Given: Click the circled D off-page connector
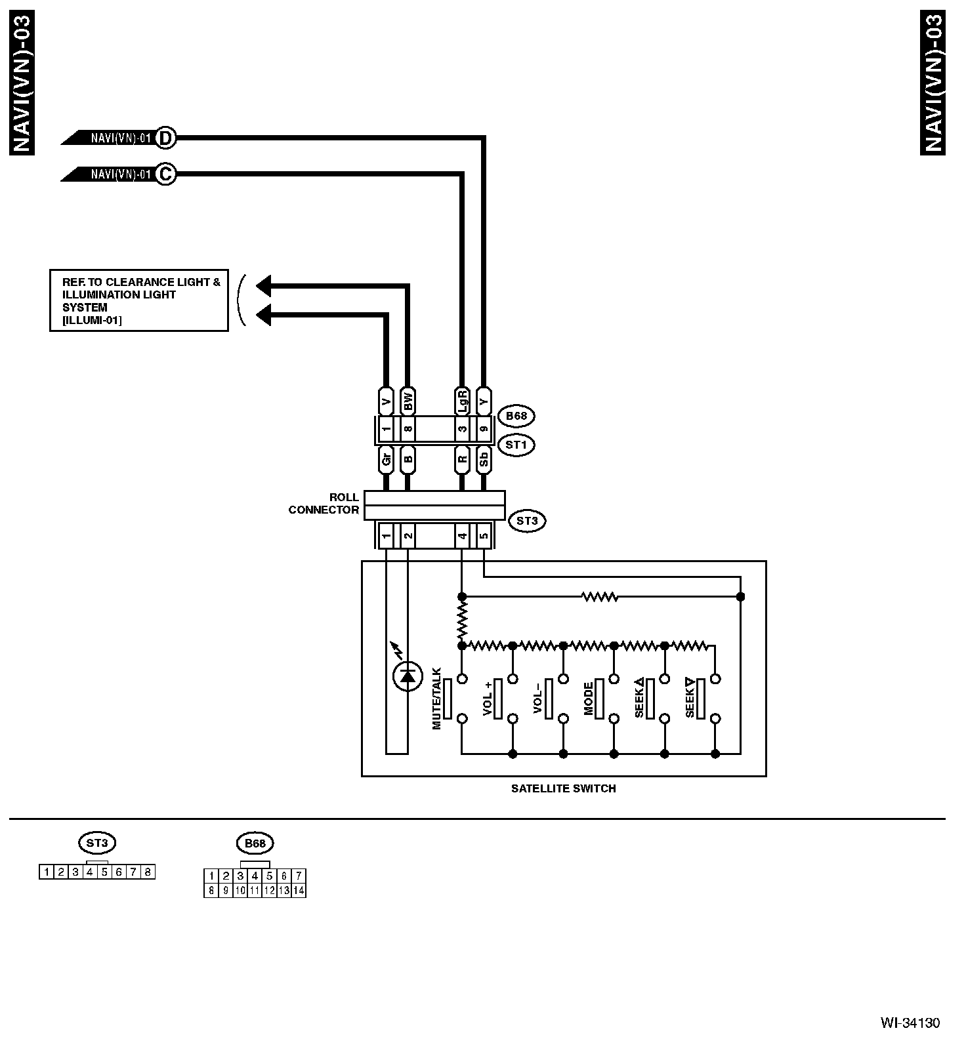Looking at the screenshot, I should pyautogui.click(x=166, y=138).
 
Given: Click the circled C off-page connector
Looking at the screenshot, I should pyautogui.click(x=166, y=174).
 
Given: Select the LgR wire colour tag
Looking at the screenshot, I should pyautogui.click(x=462, y=401).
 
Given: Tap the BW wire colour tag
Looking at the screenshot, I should pyautogui.click(x=408, y=401).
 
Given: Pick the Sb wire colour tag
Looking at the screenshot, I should pyautogui.click(x=484, y=459).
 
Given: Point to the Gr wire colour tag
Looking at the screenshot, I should pyautogui.click(x=386, y=459).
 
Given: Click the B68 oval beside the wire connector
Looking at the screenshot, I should pyautogui.click(x=516, y=416).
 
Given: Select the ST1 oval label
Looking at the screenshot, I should pyautogui.click(x=516, y=445).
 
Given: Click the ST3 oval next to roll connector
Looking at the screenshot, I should pyautogui.click(x=527, y=521).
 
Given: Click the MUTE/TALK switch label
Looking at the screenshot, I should pyautogui.click(x=437, y=699).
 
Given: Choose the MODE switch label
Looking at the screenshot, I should pyautogui.click(x=589, y=699).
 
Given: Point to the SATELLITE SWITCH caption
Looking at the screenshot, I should pyautogui.click(x=563, y=789).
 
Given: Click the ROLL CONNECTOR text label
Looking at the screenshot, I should pyautogui.click(x=324, y=504).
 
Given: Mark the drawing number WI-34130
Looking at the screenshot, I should pyautogui.click(x=910, y=1023).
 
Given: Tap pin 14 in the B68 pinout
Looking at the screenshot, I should pyautogui.click(x=299, y=891).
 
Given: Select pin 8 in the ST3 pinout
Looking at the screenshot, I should pyautogui.click(x=148, y=872).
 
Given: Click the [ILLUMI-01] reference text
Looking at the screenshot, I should pyautogui.click(x=92, y=320).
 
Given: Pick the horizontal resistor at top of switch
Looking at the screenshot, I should pyautogui.click(x=600, y=597).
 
